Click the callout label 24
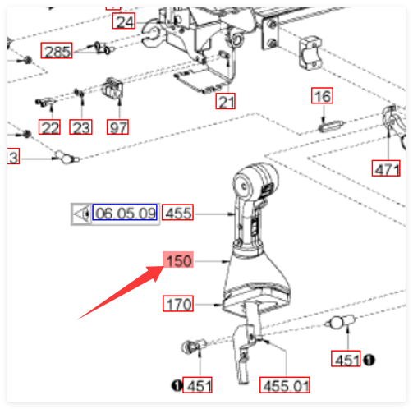point(124,21)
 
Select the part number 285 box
point(57,51)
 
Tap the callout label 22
point(49,127)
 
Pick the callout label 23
point(80,127)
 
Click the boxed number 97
point(117,127)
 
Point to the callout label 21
point(225,101)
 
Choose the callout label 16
point(322,96)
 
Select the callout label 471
point(386,168)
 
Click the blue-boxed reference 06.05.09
point(125,212)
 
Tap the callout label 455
point(177,212)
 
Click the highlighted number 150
point(178,260)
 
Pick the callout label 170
point(178,304)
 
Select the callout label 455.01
point(285,385)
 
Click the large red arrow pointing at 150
point(122,292)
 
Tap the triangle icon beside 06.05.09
point(81,214)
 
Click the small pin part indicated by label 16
point(331,126)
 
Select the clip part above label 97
point(112,88)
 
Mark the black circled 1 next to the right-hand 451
point(369,360)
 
